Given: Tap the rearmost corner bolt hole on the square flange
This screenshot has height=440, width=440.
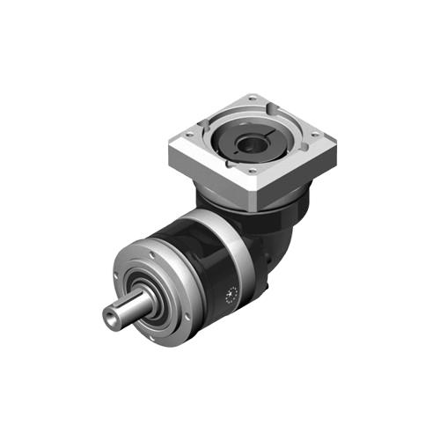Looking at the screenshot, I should pyautogui.click(x=253, y=98).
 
